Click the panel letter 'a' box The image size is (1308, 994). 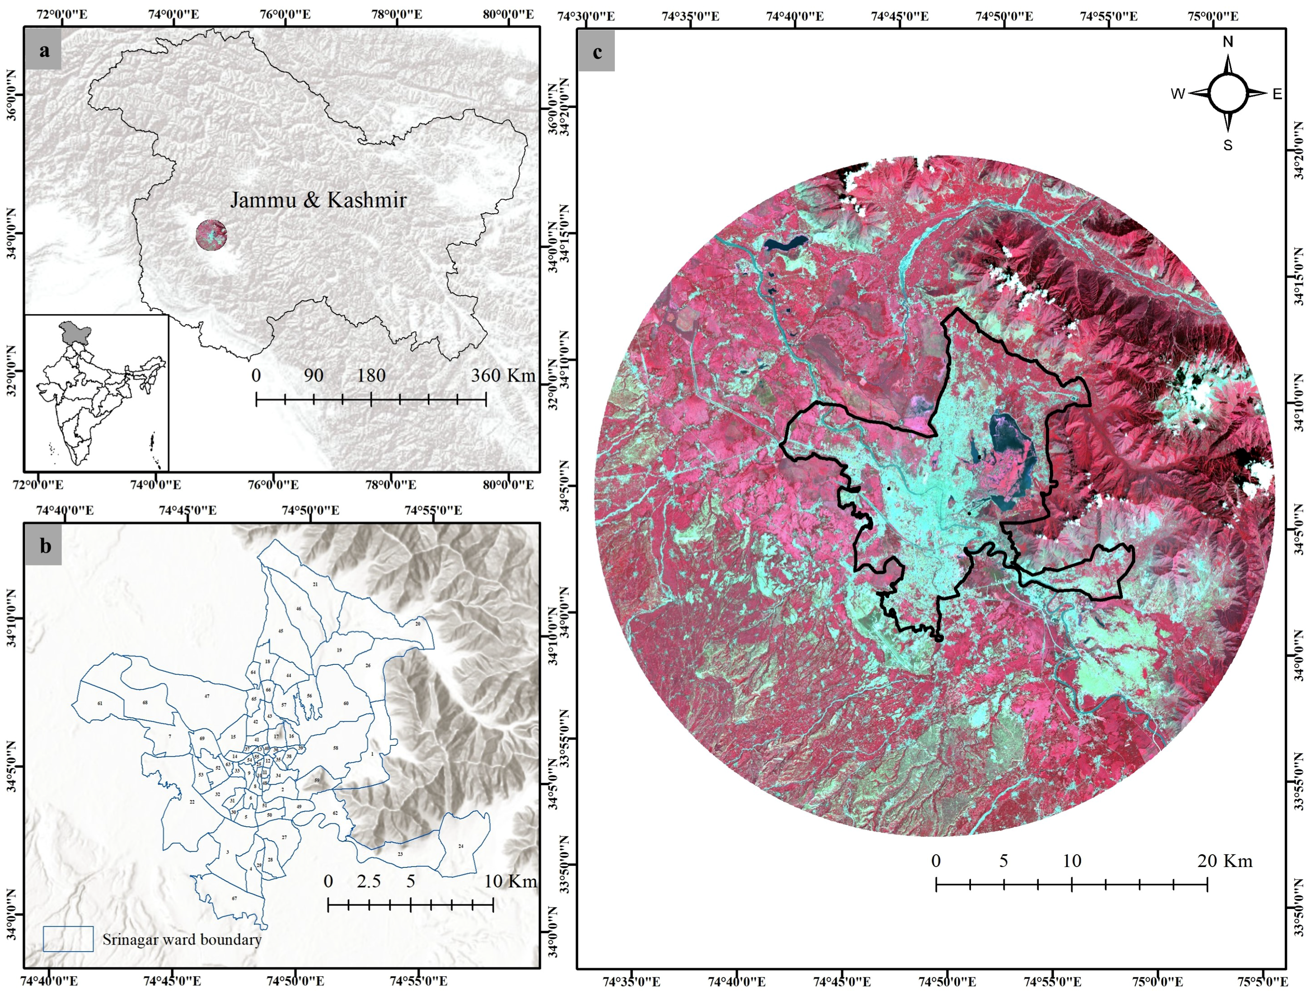pyautogui.click(x=44, y=52)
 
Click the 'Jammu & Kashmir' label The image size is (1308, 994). pyautogui.click(x=318, y=200)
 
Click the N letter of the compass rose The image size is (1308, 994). pyautogui.click(x=1228, y=42)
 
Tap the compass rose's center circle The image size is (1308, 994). pyautogui.click(x=1228, y=94)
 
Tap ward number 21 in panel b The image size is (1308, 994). pyautogui.click(x=315, y=568)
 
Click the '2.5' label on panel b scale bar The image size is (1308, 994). pyautogui.click(x=369, y=881)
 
